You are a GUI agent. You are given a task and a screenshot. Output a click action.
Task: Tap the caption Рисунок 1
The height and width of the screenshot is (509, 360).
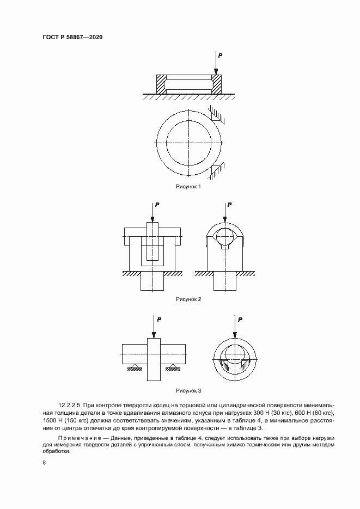[188, 186]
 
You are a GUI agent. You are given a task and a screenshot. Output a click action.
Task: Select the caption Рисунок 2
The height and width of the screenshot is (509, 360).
[188, 299]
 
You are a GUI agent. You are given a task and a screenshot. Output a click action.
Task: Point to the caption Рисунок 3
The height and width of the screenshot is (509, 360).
[188, 390]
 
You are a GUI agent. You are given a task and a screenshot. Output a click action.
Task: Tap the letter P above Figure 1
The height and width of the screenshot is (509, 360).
[219, 55]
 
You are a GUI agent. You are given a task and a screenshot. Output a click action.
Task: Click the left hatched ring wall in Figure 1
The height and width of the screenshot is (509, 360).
[161, 84]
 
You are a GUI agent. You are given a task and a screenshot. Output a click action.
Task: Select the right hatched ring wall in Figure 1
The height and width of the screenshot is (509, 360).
[217, 84]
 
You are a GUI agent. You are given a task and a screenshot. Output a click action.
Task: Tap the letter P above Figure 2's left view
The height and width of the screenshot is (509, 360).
[157, 205]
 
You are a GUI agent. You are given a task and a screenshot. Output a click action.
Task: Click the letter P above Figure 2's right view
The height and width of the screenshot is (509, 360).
[230, 205]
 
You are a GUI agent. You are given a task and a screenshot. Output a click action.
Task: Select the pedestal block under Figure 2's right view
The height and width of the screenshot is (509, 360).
[224, 282]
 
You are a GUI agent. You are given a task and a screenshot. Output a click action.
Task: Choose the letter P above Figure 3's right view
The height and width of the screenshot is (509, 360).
[240, 319]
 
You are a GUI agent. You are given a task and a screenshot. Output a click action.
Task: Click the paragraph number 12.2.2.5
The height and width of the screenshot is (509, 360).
[69, 406]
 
